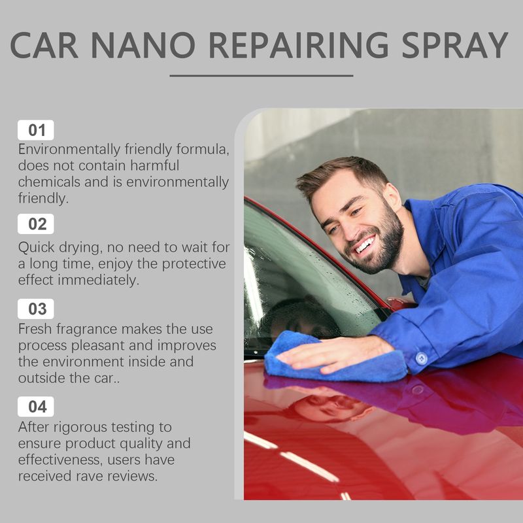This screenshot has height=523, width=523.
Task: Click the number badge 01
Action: coord(37,130)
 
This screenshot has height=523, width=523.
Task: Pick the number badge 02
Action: coord(37,224)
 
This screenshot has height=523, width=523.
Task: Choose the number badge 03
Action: coord(37,309)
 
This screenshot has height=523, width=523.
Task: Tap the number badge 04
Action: coord(37,407)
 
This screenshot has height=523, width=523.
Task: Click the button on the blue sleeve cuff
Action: coord(421,358)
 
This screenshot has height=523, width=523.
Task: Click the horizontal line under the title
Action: coord(261,75)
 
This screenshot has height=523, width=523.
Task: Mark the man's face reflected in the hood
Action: coord(327,407)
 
